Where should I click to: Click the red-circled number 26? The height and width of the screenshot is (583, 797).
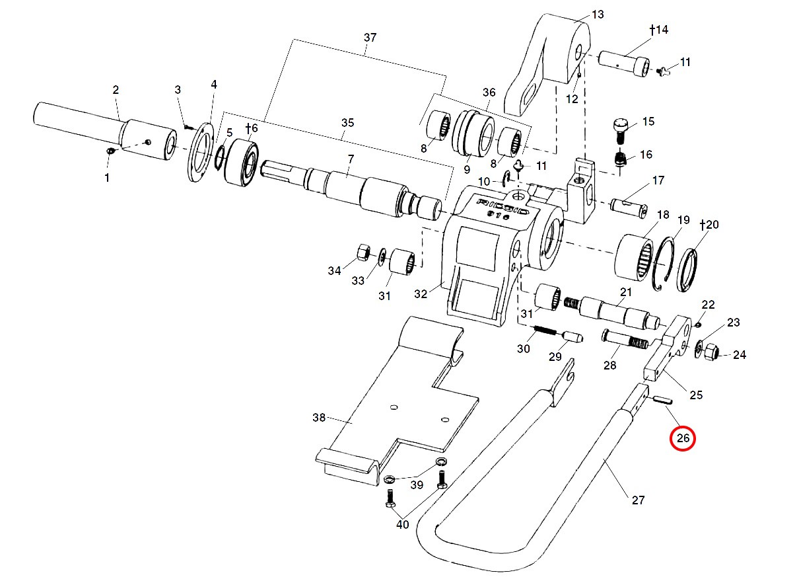(683, 438)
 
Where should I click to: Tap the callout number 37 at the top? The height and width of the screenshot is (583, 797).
(370, 38)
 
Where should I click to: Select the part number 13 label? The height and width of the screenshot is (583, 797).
(598, 15)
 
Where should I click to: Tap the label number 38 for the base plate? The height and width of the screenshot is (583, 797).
(320, 418)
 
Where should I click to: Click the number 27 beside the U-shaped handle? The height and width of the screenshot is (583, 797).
(637, 500)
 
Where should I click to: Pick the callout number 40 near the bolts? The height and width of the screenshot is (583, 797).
(402, 525)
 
